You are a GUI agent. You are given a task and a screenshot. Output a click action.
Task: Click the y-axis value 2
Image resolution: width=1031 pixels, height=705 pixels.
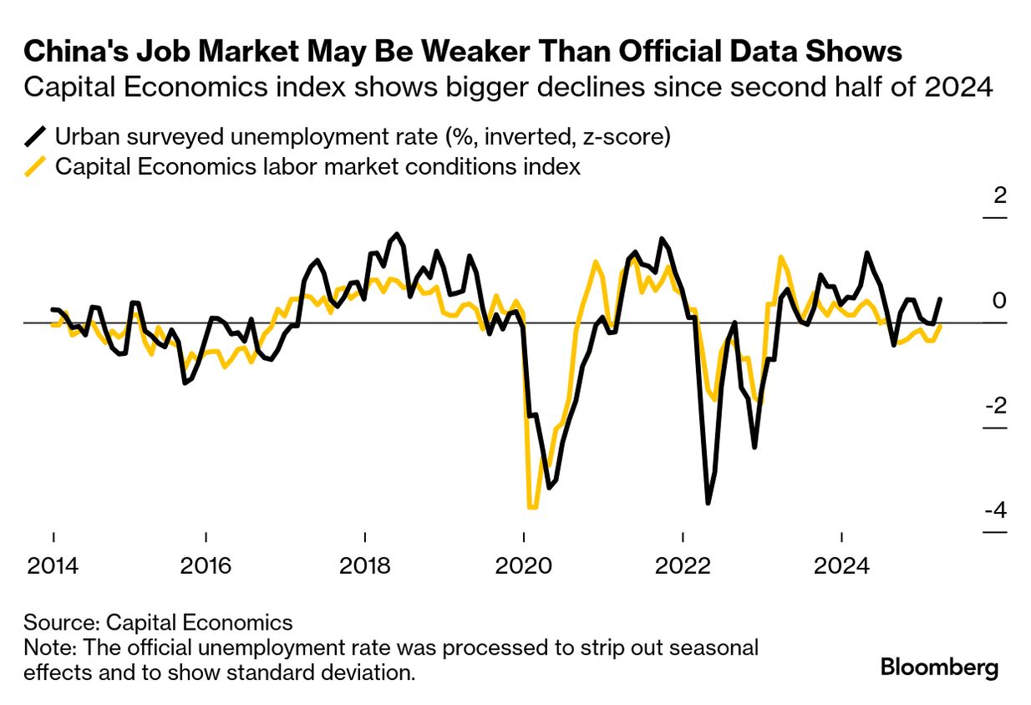coord(999,196)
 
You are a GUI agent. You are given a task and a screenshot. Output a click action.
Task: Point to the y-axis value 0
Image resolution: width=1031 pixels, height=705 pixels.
coord(999,301)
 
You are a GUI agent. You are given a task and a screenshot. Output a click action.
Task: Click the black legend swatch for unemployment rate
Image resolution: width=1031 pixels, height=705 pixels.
coord(36,136)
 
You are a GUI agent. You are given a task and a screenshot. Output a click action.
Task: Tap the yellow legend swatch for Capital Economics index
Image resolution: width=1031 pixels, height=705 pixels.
coord(36,167)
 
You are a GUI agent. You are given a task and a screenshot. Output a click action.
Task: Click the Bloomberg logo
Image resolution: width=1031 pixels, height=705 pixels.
coord(940,668)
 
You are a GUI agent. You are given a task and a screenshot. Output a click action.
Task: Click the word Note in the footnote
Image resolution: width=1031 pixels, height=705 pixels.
coord(46,647)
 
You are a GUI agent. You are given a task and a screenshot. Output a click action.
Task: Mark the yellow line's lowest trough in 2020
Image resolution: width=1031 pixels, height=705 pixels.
coord(532,507)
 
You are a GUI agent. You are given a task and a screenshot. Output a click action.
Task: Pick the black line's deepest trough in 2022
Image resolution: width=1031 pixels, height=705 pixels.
coord(708,503)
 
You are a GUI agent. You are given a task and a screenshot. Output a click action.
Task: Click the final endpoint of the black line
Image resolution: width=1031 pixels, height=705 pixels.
coord(942,299)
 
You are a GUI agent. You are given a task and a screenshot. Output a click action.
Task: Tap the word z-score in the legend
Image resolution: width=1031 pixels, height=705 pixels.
coord(629,136)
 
